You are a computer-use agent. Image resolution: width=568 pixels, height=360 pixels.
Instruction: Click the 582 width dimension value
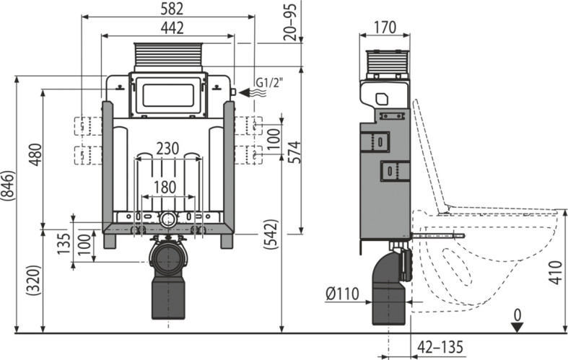tap(172, 9)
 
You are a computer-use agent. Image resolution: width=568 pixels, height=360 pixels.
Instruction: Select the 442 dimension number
tap(172, 28)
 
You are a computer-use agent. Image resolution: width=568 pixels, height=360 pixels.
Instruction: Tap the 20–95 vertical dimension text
tap(290, 22)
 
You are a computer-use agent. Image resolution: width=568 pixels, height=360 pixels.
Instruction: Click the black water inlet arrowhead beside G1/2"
tap(245, 93)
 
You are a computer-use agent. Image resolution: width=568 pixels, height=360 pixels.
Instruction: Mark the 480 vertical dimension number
tap(35, 155)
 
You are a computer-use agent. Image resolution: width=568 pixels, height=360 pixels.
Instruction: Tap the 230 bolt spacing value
tap(167, 149)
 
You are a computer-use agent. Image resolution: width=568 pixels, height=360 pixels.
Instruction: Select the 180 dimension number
tap(165, 188)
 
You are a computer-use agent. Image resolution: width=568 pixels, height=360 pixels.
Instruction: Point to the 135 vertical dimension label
tap(64, 243)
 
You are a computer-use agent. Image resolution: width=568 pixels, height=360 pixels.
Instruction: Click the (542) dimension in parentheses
tap(271, 234)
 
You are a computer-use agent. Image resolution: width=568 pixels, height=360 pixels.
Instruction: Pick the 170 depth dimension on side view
tap(385, 27)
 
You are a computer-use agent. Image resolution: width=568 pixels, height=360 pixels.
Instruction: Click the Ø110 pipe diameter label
tap(342, 294)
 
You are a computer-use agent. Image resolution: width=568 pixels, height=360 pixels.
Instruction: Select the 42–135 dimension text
tap(440, 347)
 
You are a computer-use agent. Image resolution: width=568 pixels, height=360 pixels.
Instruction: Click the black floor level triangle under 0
tap(517, 328)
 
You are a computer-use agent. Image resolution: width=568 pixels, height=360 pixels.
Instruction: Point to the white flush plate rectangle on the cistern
tap(168, 96)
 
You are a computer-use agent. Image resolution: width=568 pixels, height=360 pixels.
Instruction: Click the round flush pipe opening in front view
tap(168, 219)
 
